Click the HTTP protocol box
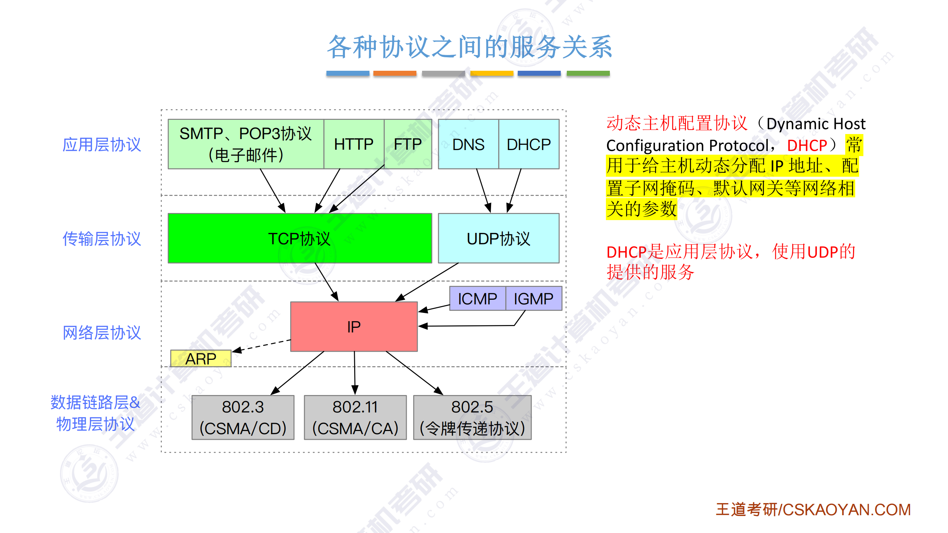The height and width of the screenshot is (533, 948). coord(354,144)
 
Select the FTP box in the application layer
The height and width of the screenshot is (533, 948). coord(408,144)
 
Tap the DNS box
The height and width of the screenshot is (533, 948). coord(468,144)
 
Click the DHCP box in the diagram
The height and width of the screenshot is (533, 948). coord(528,144)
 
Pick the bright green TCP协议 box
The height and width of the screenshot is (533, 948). coord(299,238)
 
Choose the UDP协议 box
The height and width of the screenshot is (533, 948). coord(498,238)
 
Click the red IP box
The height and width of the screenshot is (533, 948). coord(354,326)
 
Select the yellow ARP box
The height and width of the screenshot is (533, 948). coord(201,358)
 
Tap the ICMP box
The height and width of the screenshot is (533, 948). coord(477,299)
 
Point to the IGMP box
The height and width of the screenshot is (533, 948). coord(533,299)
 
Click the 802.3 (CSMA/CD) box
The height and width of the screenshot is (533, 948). coord(243,417)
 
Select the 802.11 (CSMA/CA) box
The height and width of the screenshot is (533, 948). coord(355,417)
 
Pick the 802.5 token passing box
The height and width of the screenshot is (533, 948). coord(472,417)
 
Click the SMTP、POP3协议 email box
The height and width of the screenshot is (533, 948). coord(245,144)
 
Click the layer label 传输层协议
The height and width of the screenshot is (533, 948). coord(102,239)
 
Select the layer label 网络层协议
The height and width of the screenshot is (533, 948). coord(102,333)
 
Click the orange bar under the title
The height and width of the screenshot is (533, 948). coord(394,73)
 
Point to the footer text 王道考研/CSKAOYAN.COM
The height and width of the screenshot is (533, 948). coord(813,510)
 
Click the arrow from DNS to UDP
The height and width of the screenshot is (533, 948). coord(483,190)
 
